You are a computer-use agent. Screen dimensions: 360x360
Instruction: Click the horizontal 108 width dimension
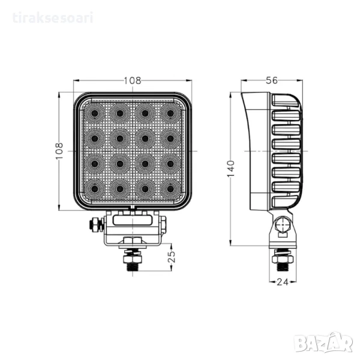tap(133, 80)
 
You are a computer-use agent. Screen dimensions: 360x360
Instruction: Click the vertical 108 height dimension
tap(59, 151)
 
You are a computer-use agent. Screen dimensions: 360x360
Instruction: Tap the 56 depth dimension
tap(272, 80)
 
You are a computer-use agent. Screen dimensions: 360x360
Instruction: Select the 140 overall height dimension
tap(231, 169)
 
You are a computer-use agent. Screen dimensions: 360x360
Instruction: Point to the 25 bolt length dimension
tap(172, 257)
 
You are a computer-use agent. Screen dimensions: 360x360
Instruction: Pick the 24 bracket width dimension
tap(283, 282)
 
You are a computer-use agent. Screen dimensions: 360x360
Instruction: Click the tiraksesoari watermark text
tap(53, 18)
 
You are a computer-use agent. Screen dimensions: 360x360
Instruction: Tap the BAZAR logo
tap(323, 343)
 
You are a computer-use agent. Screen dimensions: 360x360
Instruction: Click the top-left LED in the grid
tap(94, 113)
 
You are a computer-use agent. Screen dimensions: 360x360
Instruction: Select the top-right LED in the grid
tap(170, 113)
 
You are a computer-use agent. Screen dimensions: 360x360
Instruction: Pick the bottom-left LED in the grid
tap(94, 189)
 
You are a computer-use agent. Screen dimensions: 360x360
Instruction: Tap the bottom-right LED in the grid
tap(170, 189)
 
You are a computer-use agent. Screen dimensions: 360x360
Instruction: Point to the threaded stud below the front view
tap(133, 266)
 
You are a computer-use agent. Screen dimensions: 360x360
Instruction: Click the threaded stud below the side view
tap(283, 266)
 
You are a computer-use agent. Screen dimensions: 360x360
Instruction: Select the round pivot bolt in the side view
tap(283, 224)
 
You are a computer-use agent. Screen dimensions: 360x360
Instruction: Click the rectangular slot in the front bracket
tap(133, 220)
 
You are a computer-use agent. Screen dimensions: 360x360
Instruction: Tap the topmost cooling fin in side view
tap(285, 100)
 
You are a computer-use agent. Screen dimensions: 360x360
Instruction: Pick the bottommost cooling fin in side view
tap(286, 202)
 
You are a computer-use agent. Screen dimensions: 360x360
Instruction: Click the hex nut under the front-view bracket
tap(133, 241)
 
